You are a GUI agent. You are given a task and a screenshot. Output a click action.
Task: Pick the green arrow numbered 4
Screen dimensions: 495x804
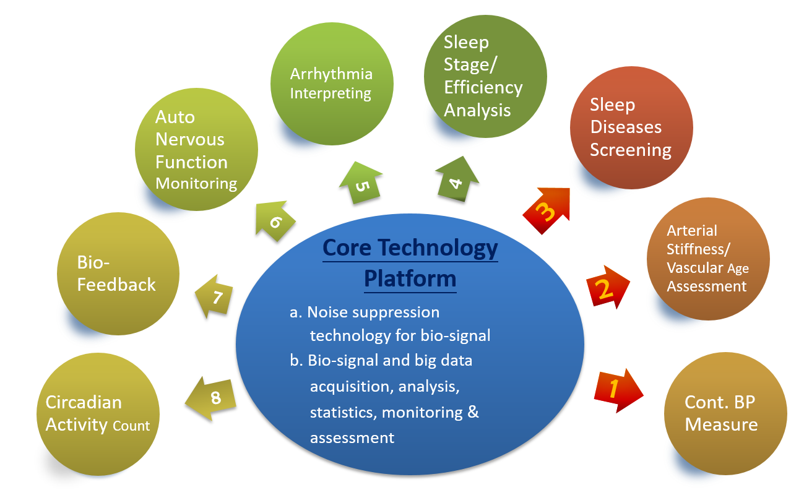(457, 180)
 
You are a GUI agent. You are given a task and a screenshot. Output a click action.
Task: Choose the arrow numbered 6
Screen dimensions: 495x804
(273, 218)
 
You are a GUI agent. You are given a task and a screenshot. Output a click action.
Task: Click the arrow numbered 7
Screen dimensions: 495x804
(215, 296)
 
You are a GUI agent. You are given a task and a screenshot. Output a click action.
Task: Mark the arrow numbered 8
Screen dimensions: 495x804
(212, 398)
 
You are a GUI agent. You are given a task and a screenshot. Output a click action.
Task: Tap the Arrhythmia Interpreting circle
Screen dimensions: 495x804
(331, 84)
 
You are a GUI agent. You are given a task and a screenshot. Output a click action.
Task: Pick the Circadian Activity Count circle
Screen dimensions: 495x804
(98, 414)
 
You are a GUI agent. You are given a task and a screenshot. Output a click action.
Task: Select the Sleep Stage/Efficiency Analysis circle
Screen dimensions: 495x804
(485, 76)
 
